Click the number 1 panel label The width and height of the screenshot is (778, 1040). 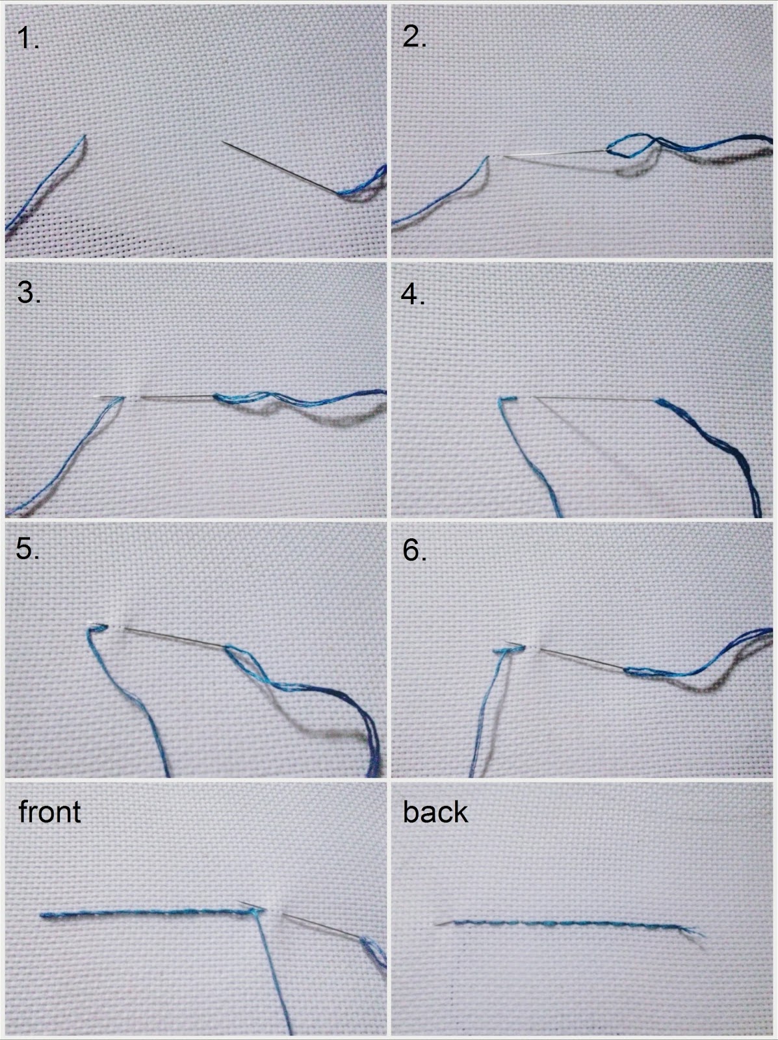click(27, 38)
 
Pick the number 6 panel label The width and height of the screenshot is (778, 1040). click(415, 551)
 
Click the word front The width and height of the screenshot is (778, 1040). click(50, 812)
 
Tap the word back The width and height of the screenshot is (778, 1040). click(435, 812)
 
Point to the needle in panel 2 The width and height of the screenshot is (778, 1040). click(555, 153)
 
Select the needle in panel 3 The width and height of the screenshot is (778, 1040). click(157, 397)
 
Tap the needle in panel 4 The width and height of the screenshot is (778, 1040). click(595, 399)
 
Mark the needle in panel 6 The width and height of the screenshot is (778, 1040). click(582, 660)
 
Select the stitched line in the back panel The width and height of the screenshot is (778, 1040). click(569, 924)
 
